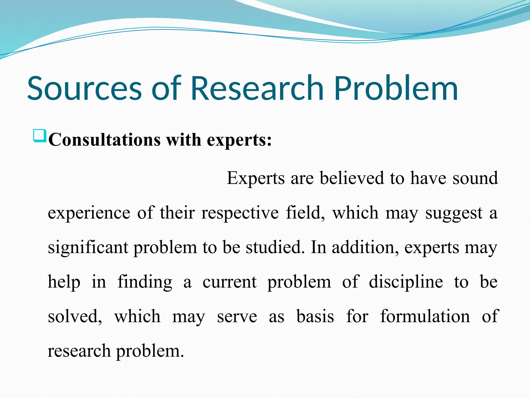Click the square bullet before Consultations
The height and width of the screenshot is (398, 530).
(x=40, y=136)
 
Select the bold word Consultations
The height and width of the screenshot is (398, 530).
(x=105, y=140)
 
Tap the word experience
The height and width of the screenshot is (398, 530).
(x=89, y=213)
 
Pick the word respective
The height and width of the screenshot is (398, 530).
(x=240, y=213)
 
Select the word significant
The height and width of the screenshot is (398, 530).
(x=88, y=247)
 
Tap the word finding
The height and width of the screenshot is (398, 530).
(x=145, y=282)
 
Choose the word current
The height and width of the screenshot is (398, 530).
(x=230, y=282)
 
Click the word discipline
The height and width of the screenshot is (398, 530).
(x=406, y=282)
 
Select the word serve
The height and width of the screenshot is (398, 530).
(x=237, y=316)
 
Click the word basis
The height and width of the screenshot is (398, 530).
(x=315, y=316)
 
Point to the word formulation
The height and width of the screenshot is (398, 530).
(x=425, y=316)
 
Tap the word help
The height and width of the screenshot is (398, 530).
(x=64, y=282)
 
